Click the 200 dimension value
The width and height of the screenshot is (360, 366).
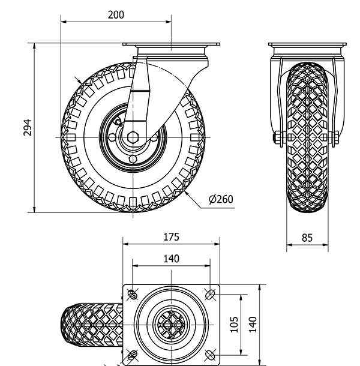(x=116, y=16)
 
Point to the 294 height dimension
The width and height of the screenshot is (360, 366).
(x=26, y=127)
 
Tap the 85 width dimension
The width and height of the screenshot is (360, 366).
(x=307, y=237)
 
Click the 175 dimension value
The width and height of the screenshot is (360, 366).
(x=171, y=237)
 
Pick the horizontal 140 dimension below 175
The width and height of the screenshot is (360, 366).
(x=171, y=259)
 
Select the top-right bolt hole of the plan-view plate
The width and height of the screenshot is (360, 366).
(x=210, y=293)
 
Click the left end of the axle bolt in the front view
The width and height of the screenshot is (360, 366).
(x=274, y=139)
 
